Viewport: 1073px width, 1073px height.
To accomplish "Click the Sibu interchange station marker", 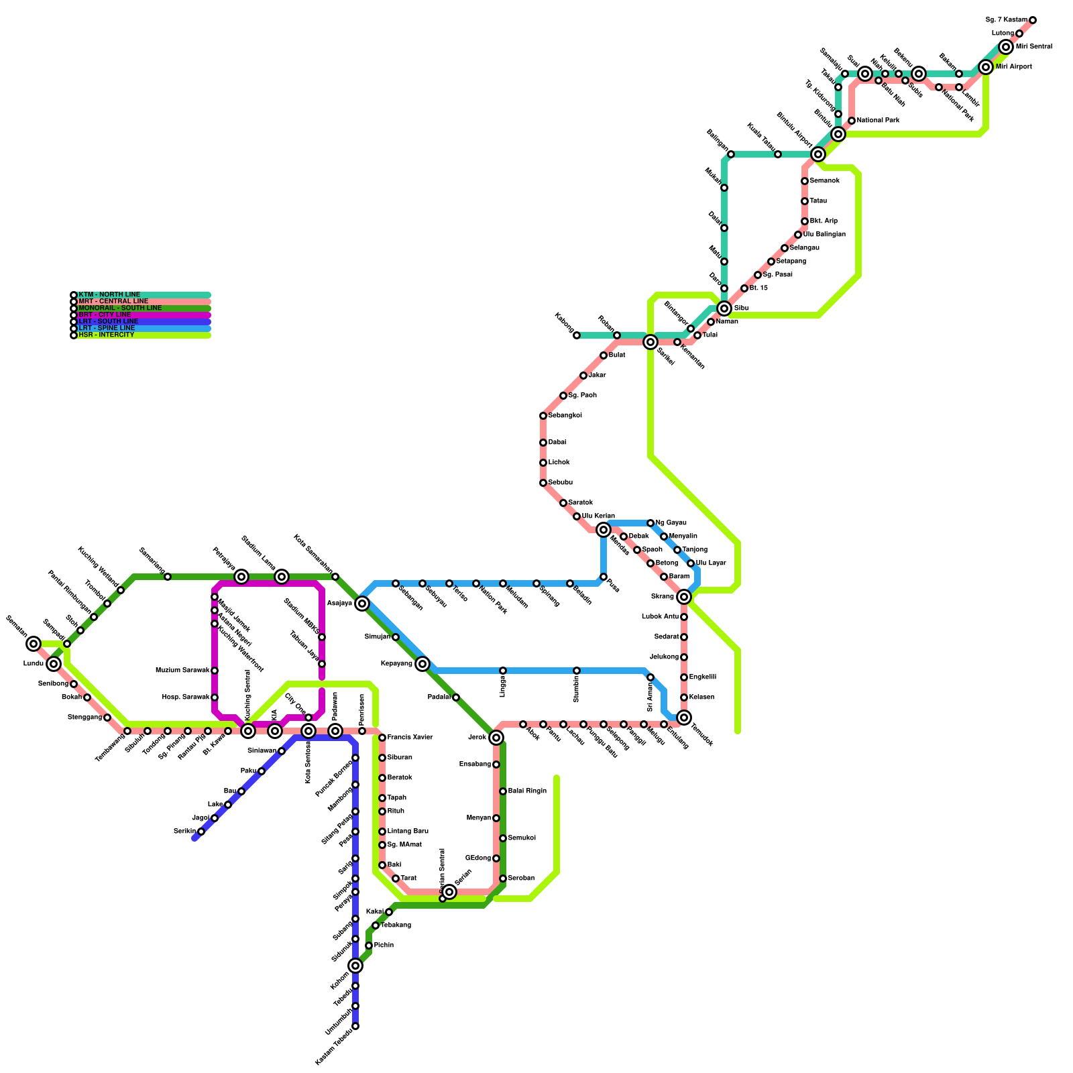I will (x=724, y=308).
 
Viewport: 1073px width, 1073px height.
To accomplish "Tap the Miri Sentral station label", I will (x=1033, y=47).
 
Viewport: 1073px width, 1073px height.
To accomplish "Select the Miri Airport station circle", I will (x=986, y=67).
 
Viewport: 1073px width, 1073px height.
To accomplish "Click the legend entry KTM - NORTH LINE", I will (x=109, y=295).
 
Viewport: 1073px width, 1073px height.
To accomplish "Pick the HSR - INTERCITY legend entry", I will (x=106, y=335).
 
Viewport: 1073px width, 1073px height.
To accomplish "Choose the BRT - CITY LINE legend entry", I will (x=105, y=315).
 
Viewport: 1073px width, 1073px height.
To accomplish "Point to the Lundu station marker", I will (x=54, y=664).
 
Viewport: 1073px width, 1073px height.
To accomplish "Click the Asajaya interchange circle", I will (x=362, y=604).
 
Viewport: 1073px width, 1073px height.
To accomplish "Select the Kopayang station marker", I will (x=422, y=664).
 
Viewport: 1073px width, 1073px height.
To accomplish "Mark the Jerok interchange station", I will (x=496, y=738).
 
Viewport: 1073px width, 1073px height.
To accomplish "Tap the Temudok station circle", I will (x=684, y=718).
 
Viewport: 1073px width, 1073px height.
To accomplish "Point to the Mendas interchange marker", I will (x=604, y=530).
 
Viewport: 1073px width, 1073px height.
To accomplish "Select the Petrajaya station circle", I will (x=241, y=577).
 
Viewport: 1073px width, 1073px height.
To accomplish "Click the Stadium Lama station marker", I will (x=282, y=577).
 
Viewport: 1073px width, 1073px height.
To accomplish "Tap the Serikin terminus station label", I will (x=184, y=832).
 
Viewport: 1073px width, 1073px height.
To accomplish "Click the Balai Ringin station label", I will (x=527, y=791).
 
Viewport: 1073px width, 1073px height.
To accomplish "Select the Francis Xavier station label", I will (x=410, y=738).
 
